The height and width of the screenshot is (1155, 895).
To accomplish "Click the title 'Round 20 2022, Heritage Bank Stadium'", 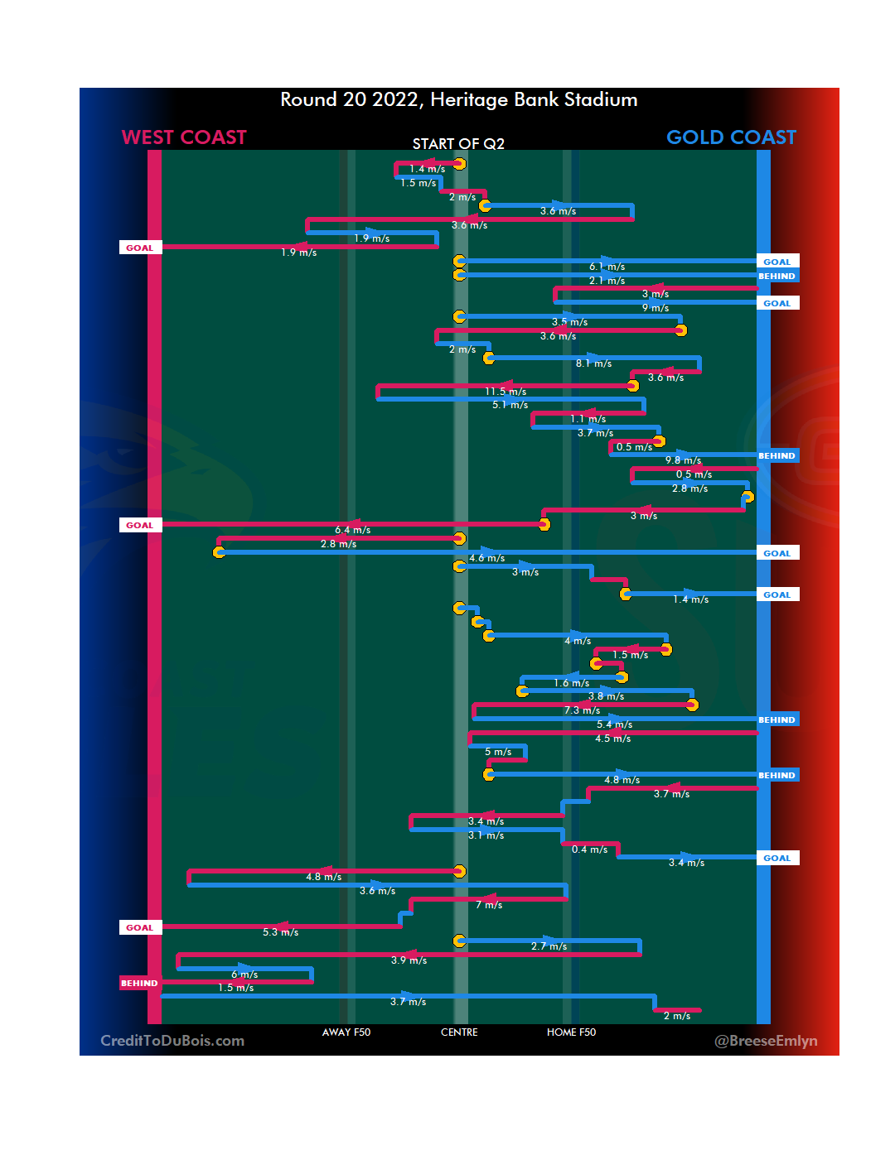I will pos(458,100).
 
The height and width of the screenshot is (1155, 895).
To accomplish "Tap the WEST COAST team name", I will pos(184,137).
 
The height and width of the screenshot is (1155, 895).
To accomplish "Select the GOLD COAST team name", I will pos(731,137).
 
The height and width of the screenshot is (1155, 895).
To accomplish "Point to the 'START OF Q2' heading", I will pos(458,144).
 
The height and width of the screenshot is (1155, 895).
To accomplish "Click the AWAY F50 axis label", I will pos(346,1032).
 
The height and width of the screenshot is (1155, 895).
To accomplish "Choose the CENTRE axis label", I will pos(459,1032).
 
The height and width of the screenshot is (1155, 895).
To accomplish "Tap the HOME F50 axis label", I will pos(571,1032).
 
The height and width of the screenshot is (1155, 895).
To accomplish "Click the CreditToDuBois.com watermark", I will pos(172,1041).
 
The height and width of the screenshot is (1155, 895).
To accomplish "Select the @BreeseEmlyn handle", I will pos(766,1041).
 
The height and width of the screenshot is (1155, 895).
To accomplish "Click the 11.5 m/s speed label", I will pos(506,392).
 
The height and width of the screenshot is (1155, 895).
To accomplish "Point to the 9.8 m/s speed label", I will pos(683,460).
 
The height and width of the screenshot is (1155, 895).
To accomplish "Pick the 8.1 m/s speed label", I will pos(593,363).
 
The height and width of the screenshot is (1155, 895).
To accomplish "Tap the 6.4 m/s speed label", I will pos(352,530).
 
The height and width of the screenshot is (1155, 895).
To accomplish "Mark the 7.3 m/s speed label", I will pos(582,710).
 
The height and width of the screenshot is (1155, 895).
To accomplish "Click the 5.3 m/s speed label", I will pos(280,932).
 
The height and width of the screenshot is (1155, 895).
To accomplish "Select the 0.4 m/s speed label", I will pos(589,849).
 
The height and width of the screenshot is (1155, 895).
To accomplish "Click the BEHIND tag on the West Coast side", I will pos(139,984).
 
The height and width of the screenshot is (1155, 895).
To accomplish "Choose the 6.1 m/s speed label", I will pos(607,267).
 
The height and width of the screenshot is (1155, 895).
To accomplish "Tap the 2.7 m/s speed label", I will pos(549,946).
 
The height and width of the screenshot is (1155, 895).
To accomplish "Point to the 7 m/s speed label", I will pos(488,905).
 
